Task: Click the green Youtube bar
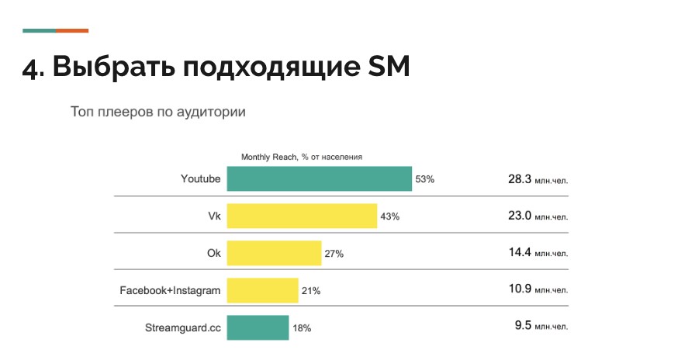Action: pyautogui.click(x=319, y=178)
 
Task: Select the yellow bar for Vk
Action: pyautogui.click(x=301, y=216)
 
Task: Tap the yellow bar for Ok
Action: pyautogui.click(x=273, y=253)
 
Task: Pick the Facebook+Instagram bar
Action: pyautogui.click(x=262, y=290)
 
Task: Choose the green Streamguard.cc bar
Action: pyautogui.click(x=258, y=327)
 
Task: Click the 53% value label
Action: pyautogui.click(x=425, y=179)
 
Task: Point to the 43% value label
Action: pyautogui.click(x=389, y=216)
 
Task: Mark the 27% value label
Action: pyautogui.click(x=334, y=254)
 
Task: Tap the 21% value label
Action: pyautogui.click(x=310, y=291)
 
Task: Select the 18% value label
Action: pyautogui.click(x=301, y=328)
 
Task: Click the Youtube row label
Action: pyautogui.click(x=201, y=179)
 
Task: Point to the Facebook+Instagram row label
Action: pyautogui.click(x=170, y=291)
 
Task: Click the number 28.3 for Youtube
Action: pyautogui.click(x=519, y=179)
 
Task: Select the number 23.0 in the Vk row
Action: pyautogui.click(x=519, y=216)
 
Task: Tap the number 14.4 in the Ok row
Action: pyautogui.click(x=519, y=253)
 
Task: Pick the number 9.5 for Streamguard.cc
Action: pyautogui.click(x=522, y=326)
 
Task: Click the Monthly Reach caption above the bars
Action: pyautogui.click(x=302, y=157)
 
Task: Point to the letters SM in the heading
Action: pyautogui.click(x=388, y=67)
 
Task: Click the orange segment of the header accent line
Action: pyautogui.click(x=72, y=30)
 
